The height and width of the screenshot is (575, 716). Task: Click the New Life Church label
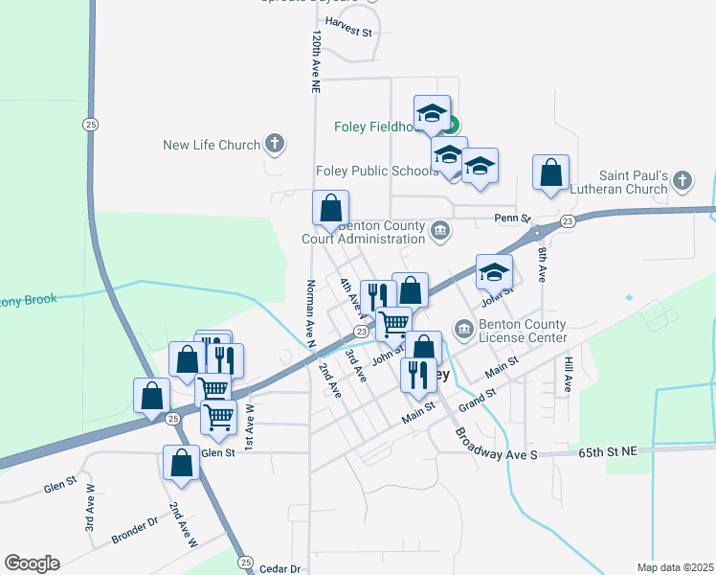(x=212, y=145)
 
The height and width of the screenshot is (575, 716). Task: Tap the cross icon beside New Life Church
(x=275, y=145)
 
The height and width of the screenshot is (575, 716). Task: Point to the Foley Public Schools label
(x=377, y=172)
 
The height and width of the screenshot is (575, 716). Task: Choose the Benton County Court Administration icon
(x=440, y=229)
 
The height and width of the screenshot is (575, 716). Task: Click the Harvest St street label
(x=348, y=31)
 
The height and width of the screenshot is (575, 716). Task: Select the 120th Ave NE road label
(x=314, y=59)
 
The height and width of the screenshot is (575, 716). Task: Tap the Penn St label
(x=512, y=218)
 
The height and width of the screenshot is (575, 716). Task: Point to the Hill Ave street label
(x=568, y=375)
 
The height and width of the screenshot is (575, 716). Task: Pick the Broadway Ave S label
(x=497, y=443)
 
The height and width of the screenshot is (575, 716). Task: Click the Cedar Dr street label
(x=281, y=568)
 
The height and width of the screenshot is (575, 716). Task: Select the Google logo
(x=32, y=563)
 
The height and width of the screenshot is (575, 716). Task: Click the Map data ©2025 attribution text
(x=675, y=567)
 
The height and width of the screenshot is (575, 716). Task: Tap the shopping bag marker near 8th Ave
(x=551, y=173)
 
